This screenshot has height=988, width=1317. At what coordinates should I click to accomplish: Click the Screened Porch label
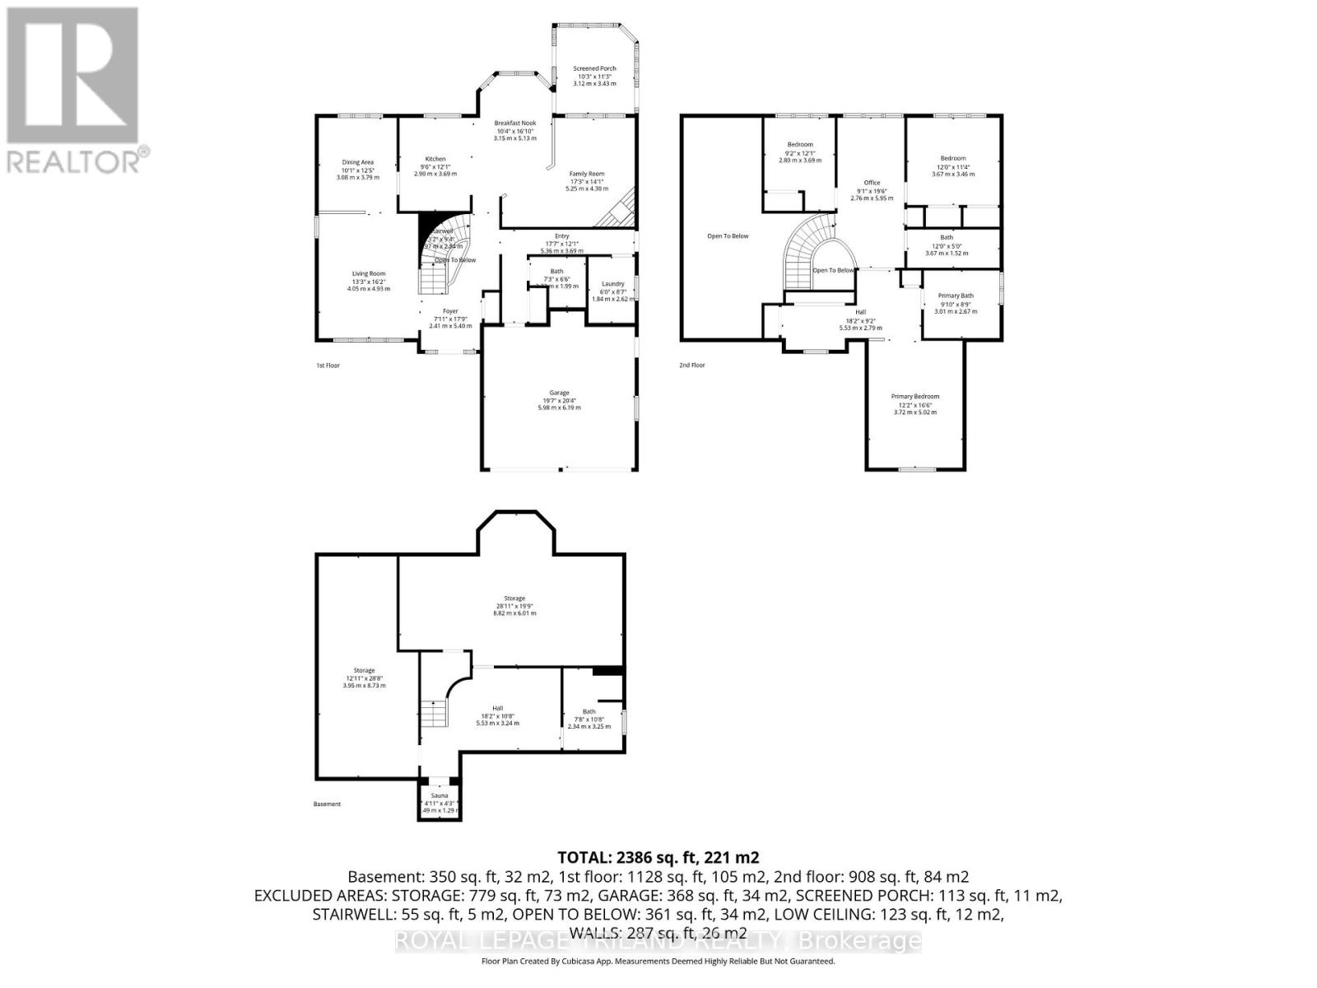(x=594, y=69)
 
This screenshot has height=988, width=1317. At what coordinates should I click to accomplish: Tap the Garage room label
(x=559, y=393)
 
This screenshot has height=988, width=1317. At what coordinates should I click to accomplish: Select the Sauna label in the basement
(x=439, y=796)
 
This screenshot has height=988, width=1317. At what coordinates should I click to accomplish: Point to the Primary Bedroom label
(x=914, y=397)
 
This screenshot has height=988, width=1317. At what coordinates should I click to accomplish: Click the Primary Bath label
(x=955, y=296)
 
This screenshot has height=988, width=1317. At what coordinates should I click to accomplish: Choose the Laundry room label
(x=612, y=284)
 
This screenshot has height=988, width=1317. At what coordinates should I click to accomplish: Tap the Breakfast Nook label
(x=515, y=123)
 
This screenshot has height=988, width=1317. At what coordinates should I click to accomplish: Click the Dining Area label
(x=357, y=162)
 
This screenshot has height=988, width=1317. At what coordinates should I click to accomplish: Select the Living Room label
(x=368, y=274)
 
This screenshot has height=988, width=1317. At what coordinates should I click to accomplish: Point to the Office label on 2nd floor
(x=872, y=183)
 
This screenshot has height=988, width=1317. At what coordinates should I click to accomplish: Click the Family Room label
(x=587, y=174)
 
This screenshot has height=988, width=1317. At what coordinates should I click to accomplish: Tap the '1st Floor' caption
(x=328, y=366)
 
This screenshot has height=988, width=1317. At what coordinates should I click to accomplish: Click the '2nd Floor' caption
(x=691, y=366)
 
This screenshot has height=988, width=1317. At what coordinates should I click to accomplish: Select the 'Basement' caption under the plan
(x=327, y=804)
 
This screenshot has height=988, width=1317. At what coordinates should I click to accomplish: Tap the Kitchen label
(x=435, y=159)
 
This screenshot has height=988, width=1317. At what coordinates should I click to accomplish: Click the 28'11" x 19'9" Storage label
(x=514, y=599)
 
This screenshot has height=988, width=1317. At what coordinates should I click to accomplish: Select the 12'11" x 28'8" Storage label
(x=364, y=671)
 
